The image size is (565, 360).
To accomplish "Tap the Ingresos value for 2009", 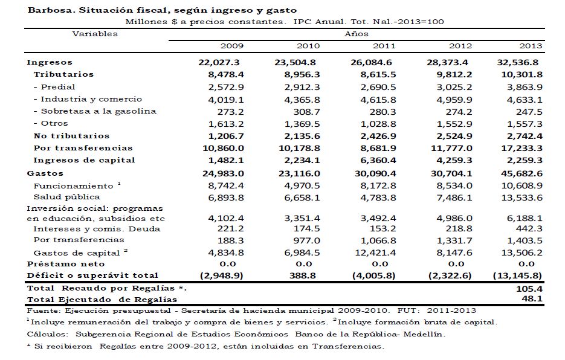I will click(220, 62).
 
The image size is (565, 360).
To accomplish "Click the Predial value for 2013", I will click(526, 87).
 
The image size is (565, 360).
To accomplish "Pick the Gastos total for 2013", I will click(523, 173).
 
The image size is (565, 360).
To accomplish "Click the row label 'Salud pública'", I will click(67, 197).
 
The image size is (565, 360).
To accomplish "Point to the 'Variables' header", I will click(95, 34).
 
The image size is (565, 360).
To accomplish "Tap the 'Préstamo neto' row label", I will click(66, 264).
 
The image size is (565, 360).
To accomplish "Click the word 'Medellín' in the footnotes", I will click(426, 334).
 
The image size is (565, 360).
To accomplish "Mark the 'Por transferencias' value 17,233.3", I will click(523, 148).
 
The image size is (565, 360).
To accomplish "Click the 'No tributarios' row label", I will click(71, 136).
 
